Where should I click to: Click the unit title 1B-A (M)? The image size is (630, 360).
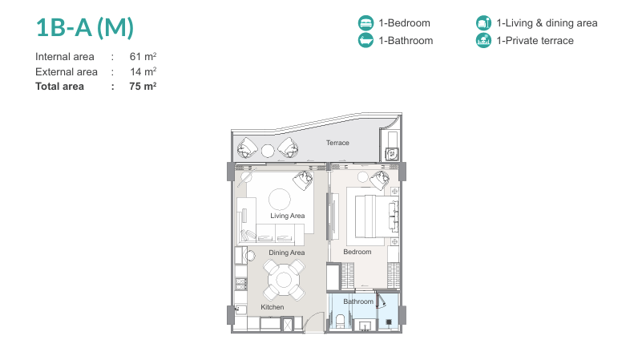coord(85,28)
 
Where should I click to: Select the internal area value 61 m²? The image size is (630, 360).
coord(143,56)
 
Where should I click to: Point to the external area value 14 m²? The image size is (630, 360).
coord(143,71)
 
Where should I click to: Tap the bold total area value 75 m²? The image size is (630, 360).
coord(143,87)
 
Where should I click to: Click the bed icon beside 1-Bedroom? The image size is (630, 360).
coord(365,23)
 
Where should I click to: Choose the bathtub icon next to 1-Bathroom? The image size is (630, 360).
coord(365,40)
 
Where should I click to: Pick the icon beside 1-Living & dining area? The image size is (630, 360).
coord(483,23)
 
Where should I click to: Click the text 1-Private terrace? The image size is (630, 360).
coord(535,41)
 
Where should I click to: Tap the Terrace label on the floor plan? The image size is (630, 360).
coord(337,143)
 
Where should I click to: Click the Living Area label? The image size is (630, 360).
coord(287,216)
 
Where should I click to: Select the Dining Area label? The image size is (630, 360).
coord(286,253)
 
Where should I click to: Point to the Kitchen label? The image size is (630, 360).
coord(272,307)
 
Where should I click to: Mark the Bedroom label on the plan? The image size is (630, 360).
coord(357,252)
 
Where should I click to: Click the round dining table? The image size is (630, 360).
coord(284,280)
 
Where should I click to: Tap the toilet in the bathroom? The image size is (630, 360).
coord(341,322)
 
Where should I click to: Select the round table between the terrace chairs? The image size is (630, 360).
coord(268,151)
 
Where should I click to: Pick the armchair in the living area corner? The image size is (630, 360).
coord(303,180)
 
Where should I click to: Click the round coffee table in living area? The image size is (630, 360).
coord(280,200)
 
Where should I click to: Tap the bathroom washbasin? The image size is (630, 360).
coord(365,326)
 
